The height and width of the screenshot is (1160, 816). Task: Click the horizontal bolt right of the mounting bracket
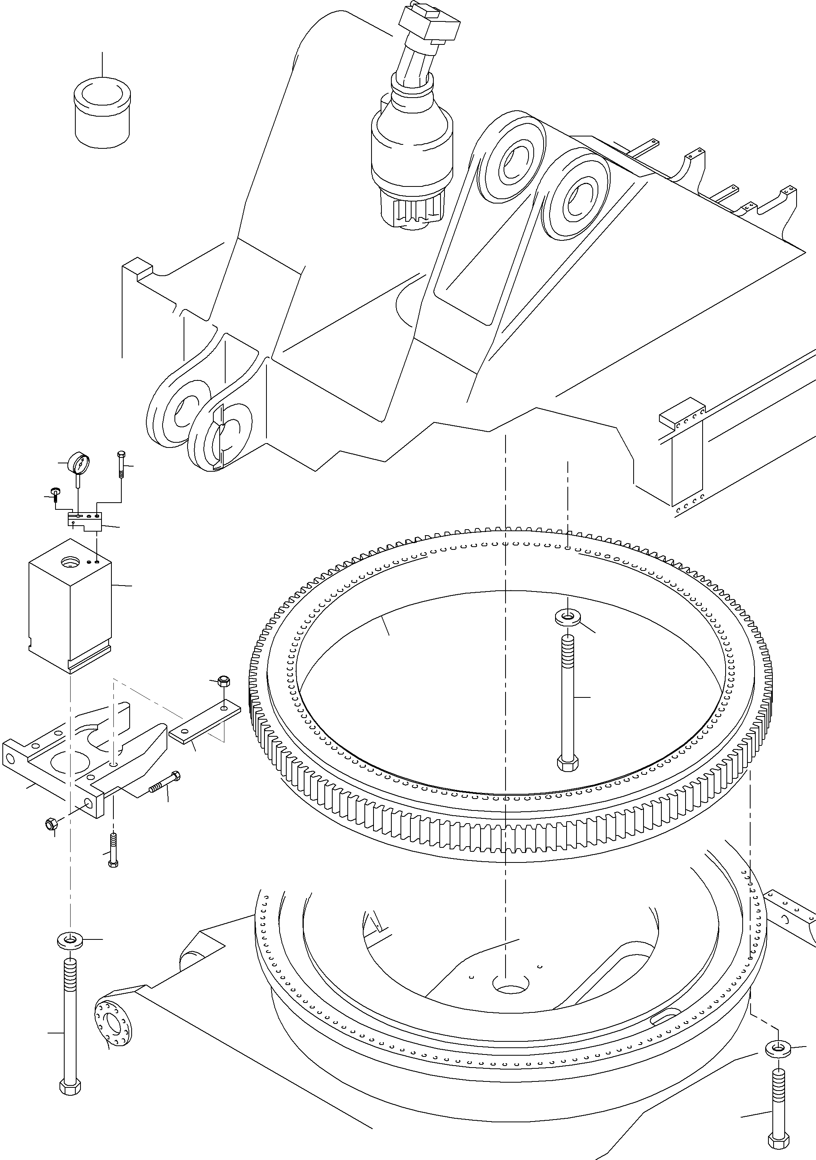(x=165, y=795)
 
